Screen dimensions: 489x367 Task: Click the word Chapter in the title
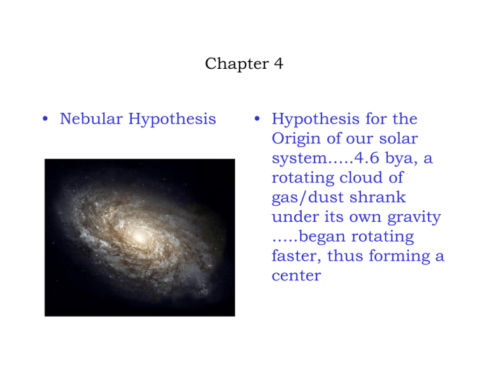[237, 64]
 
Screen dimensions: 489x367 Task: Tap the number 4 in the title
[279, 64]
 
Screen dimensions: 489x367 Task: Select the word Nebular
[92, 119]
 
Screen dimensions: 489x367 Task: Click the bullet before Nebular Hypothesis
[45, 119]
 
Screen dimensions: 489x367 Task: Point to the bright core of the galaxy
[139, 238]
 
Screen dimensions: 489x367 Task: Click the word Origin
[296, 139]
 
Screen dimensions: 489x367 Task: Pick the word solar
[398, 138]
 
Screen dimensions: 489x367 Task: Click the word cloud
[361, 178]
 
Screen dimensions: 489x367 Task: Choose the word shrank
[378, 198]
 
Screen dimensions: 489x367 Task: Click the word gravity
[414, 217]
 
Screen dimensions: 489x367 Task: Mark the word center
[296, 276]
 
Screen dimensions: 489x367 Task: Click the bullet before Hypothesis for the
[257, 119]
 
